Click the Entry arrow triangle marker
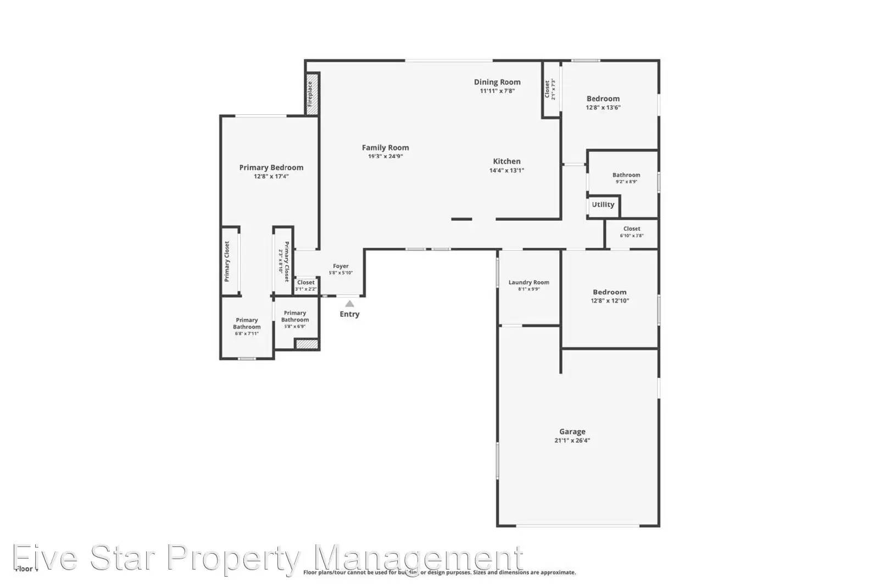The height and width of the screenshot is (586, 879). [x=349, y=304]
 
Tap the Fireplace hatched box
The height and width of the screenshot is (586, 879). [x=311, y=94]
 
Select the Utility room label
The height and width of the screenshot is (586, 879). [x=603, y=205]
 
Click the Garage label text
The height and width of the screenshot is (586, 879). [x=572, y=432]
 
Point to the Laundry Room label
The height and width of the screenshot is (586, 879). [x=528, y=282]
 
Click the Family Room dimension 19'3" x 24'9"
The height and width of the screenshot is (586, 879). [x=385, y=157]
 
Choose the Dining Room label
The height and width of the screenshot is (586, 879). [x=497, y=82]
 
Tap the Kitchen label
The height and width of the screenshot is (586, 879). [x=507, y=161]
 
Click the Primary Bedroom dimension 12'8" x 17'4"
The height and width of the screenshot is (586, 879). [x=271, y=177]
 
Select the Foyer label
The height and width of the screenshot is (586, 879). [x=341, y=266]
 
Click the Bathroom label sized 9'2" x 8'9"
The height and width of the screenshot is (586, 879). [x=626, y=175]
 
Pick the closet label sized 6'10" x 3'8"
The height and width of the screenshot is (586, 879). [x=632, y=229]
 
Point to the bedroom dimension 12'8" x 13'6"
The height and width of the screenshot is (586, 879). [x=603, y=108]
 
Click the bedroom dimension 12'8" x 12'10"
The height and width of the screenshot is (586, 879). [x=610, y=301]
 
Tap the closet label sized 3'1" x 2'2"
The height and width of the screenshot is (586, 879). [x=306, y=283]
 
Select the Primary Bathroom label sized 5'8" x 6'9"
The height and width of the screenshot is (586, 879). [x=295, y=316]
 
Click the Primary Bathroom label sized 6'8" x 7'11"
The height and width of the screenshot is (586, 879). [x=247, y=323]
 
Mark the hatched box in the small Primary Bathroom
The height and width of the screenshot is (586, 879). [x=307, y=344]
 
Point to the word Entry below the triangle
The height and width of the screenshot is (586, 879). [x=349, y=314]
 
